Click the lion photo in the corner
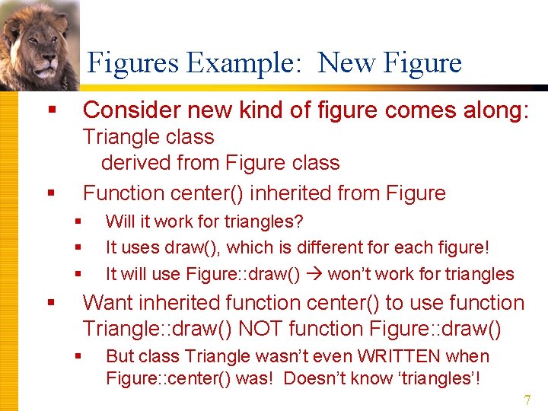pos(38,42)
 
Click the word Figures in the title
pos(134,63)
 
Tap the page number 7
pos(527,400)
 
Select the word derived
pos(133,163)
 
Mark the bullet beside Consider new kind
pos(52,110)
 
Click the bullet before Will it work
pos(78,221)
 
